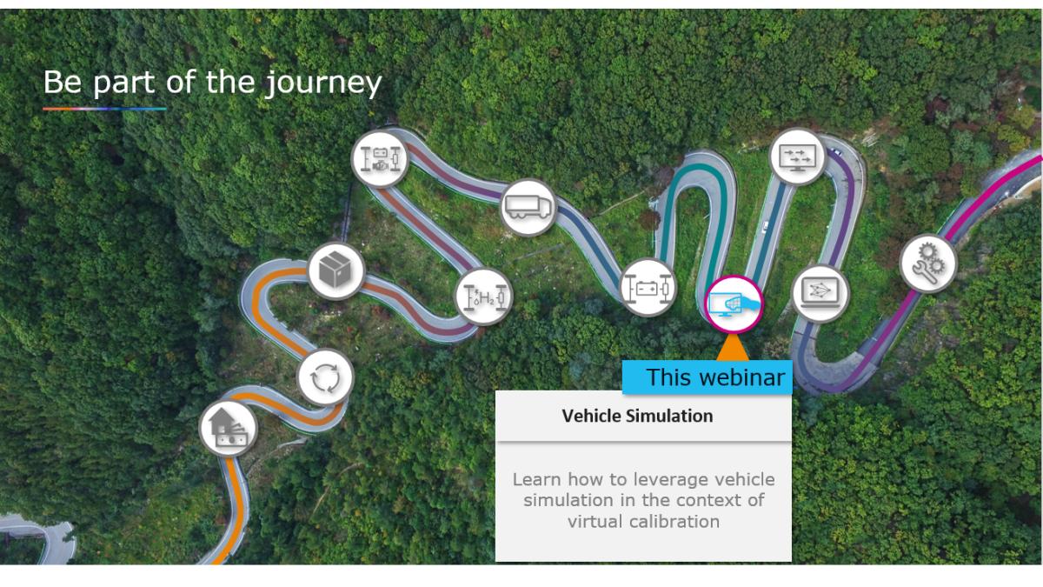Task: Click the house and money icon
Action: pyautogui.click(x=228, y=429)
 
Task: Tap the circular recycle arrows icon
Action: pyautogui.click(x=325, y=377)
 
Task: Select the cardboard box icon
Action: pyautogui.click(x=335, y=270)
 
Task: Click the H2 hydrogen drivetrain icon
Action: pyautogui.click(x=484, y=297)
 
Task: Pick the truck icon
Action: pyautogui.click(x=528, y=207)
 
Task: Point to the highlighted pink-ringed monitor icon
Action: pyautogui.click(x=734, y=304)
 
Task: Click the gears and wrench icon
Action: pyautogui.click(x=928, y=263)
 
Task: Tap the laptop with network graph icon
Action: pyautogui.click(x=820, y=294)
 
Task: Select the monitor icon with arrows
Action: pyautogui.click(x=798, y=157)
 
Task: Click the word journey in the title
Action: pyautogui.click(x=323, y=83)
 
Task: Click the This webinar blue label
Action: pyautogui.click(x=708, y=377)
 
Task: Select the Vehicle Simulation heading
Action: pyautogui.click(x=637, y=416)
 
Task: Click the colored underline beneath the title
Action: pyautogui.click(x=105, y=109)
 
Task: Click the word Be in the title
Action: pyautogui.click(x=63, y=82)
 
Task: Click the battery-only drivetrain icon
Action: pyautogui.click(x=648, y=287)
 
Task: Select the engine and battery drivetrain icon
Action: pyautogui.click(x=380, y=159)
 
